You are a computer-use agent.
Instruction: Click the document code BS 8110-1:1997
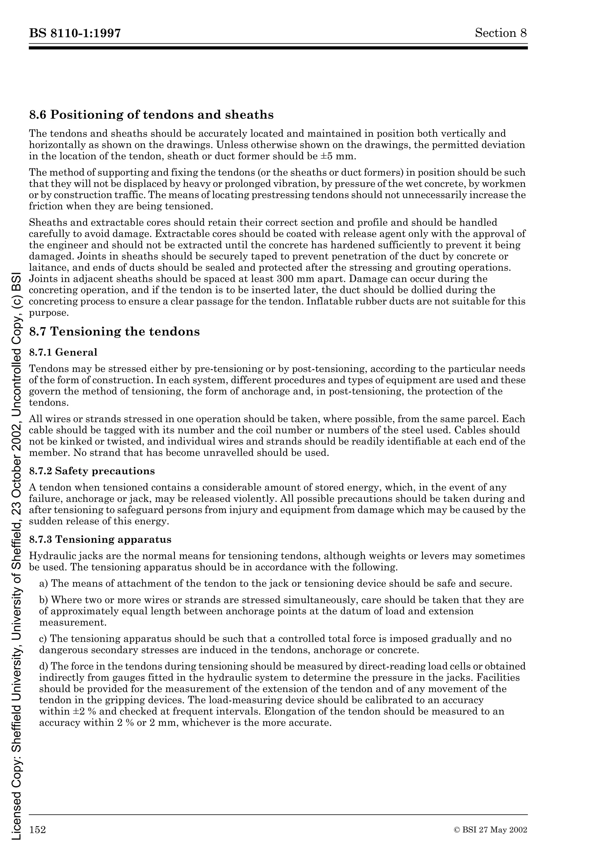click(75, 33)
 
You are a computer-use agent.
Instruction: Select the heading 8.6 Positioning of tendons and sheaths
click(151, 115)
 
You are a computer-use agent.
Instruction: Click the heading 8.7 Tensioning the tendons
click(114, 332)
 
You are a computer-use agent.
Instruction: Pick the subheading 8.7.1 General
click(63, 352)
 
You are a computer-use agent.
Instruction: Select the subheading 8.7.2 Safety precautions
click(92, 471)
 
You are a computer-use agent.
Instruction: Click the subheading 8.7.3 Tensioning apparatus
click(100, 540)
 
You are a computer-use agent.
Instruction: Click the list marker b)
click(44, 600)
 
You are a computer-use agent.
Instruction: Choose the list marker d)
click(44, 666)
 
